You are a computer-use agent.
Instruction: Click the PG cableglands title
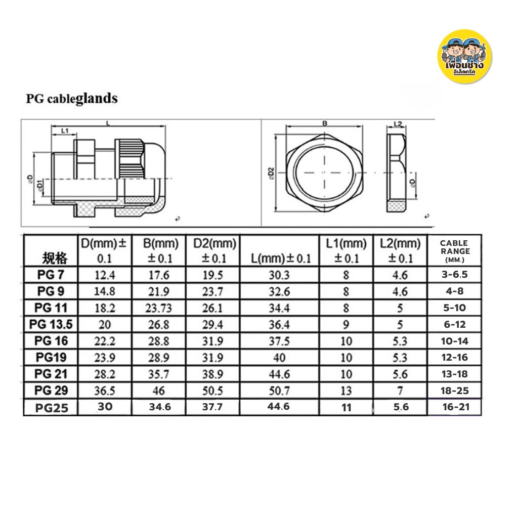tap(72, 98)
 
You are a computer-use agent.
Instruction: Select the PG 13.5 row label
tap(52, 324)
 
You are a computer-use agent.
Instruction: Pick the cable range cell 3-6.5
tap(454, 275)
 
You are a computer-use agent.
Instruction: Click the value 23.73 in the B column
tap(160, 308)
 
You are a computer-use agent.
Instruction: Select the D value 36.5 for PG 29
tap(104, 391)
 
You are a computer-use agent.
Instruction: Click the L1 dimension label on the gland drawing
tap(65, 131)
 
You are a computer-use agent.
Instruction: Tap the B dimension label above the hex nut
tap(325, 123)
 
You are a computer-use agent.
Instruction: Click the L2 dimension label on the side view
tap(397, 123)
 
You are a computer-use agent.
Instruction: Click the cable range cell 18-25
tap(454, 391)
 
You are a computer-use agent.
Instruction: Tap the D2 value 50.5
tap(212, 391)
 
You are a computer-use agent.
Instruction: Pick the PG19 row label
tap(52, 358)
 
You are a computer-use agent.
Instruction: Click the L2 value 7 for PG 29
tap(400, 391)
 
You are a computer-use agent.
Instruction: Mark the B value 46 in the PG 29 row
tap(160, 391)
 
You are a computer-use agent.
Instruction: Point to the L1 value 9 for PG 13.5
tap(346, 324)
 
